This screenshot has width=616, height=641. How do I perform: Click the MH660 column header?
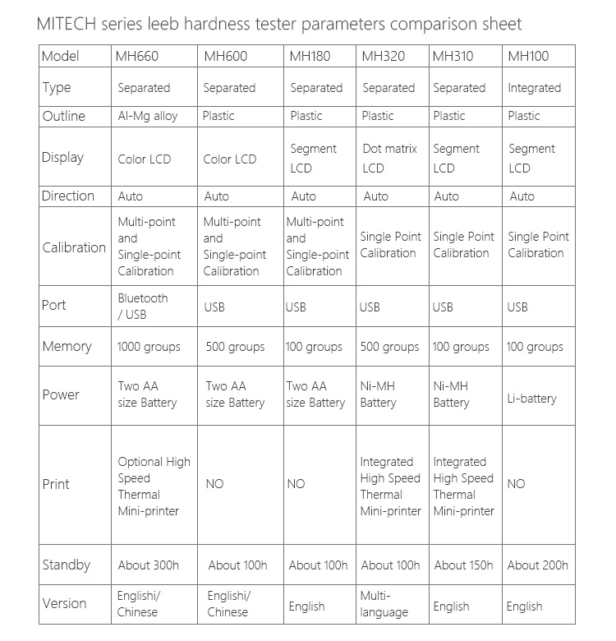pyautogui.click(x=138, y=57)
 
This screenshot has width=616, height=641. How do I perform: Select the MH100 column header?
pyautogui.click(x=528, y=57)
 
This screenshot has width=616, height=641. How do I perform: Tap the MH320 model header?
pyautogui.click(x=380, y=57)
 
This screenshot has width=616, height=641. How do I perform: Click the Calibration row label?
pyautogui.click(x=74, y=247)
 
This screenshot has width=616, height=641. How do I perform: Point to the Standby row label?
pyautogui.click(x=66, y=565)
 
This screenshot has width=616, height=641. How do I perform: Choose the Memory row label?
pyautogui.click(x=67, y=346)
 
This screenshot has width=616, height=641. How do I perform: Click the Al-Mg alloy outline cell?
pyautogui.click(x=148, y=116)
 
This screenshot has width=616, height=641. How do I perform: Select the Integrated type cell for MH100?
pyautogui.click(x=535, y=88)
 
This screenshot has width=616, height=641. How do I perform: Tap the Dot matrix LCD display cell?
pyautogui.click(x=389, y=159)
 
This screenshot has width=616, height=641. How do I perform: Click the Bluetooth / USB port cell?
pyautogui.click(x=143, y=306)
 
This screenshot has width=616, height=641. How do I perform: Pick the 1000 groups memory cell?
pyautogui.click(x=149, y=347)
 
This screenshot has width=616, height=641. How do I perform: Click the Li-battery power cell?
pyautogui.click(x=532, y=399)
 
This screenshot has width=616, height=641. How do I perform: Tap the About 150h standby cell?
pyautogui.click(x=463, y=565)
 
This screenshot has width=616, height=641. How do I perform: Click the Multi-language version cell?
pyautogui.click(x=384, y=603)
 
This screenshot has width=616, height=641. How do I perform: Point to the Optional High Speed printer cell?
pyautogui.click(x=154, y=486)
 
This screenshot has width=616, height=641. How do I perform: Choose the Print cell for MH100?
pyautogui.click(x=516, y=484)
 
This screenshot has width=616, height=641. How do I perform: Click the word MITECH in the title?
pyautogui.click(x=67, y=24)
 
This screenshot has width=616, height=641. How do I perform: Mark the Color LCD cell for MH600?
pyautogui.click(x=230, y=159)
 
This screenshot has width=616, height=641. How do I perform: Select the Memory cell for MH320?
pyautogui.click(x=389, y=347)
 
